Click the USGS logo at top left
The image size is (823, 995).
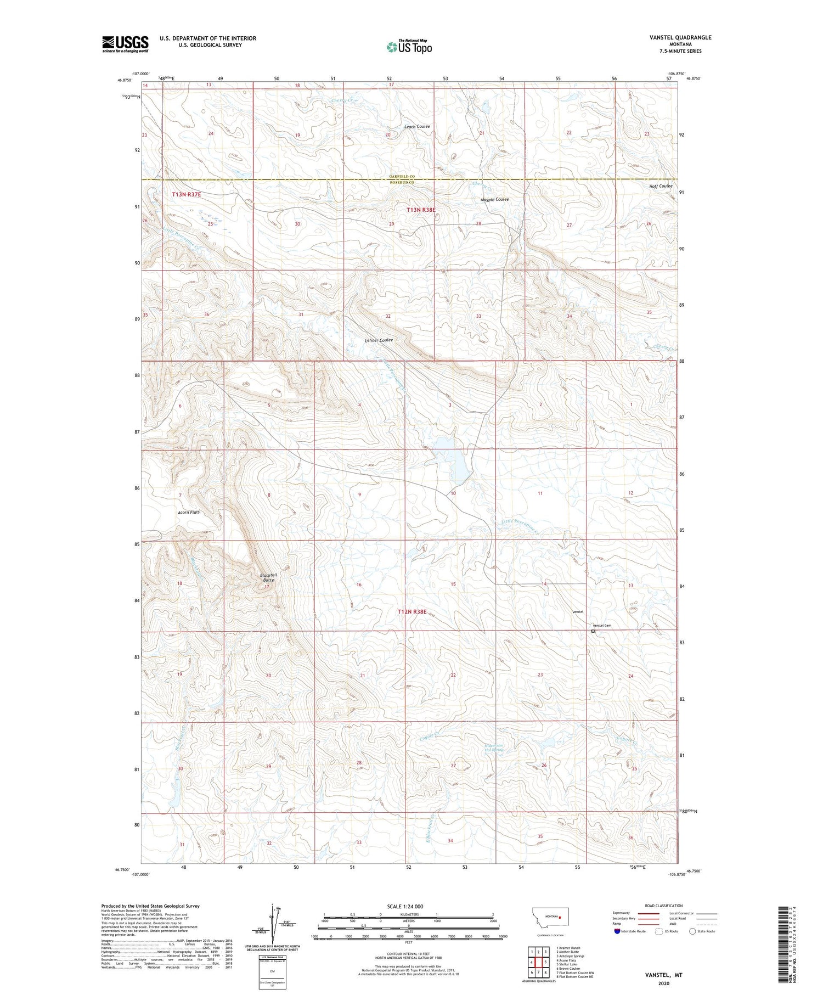tap(125, 44)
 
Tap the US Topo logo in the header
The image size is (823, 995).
tap(409, 47)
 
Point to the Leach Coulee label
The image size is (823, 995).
tap(417, 127)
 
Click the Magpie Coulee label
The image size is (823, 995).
tap(495, 199)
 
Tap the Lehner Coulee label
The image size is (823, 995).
tap(379, 340)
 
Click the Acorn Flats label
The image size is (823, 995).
tap(189, 512)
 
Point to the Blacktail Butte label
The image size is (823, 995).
tap(268, 577)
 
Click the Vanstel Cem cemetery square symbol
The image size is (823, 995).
tap(593, 631)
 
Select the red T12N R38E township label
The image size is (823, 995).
tap(412, 611)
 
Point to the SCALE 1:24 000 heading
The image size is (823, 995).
tap(405, 907)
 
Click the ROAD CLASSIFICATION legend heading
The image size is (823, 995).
tap(664, 906)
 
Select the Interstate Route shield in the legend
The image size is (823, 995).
tap(618, 931)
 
